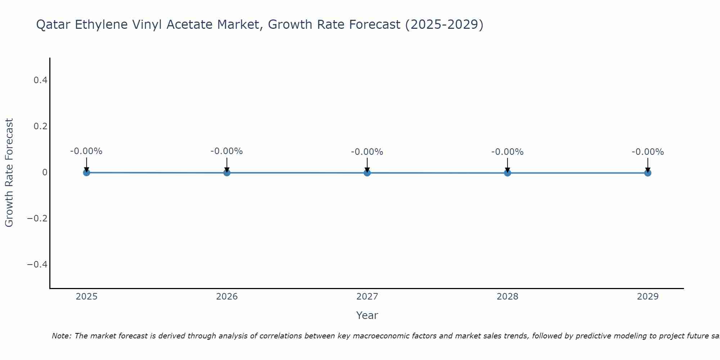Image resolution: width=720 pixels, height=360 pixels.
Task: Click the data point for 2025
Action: (x=86, y=172)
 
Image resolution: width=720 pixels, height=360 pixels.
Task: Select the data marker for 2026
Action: (x=227, y=172)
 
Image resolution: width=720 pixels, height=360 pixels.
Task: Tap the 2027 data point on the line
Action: (x=367, y=173)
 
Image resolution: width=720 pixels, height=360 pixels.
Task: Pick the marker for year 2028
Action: (x=507, y=173)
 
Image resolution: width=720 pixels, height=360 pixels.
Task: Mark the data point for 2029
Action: (x=648, y=173)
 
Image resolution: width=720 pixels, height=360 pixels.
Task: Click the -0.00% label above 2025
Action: (x=86, y=151)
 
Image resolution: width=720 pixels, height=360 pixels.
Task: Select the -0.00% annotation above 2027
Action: (x=367, y=152)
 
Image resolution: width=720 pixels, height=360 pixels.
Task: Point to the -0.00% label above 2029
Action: (x=648, y=152)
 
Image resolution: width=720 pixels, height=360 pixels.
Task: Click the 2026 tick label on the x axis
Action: (x=227, y=297)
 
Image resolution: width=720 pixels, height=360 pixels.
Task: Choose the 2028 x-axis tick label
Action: (x=507, y=297)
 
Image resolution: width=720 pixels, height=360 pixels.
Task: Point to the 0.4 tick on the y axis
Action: (x=40, y=80)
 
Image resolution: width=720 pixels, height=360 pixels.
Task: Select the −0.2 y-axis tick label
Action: (x=37, y=219)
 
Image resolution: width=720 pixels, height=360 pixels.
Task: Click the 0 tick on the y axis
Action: (x=45, y=172)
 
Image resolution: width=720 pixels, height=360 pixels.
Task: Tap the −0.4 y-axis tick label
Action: (x=37, y=265)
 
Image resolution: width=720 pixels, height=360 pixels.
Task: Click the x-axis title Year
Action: (x=367, y=315)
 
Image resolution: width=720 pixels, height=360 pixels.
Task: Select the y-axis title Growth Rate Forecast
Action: (x=9, y=172)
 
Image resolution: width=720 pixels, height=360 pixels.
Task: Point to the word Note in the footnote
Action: (x=61, y=336)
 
